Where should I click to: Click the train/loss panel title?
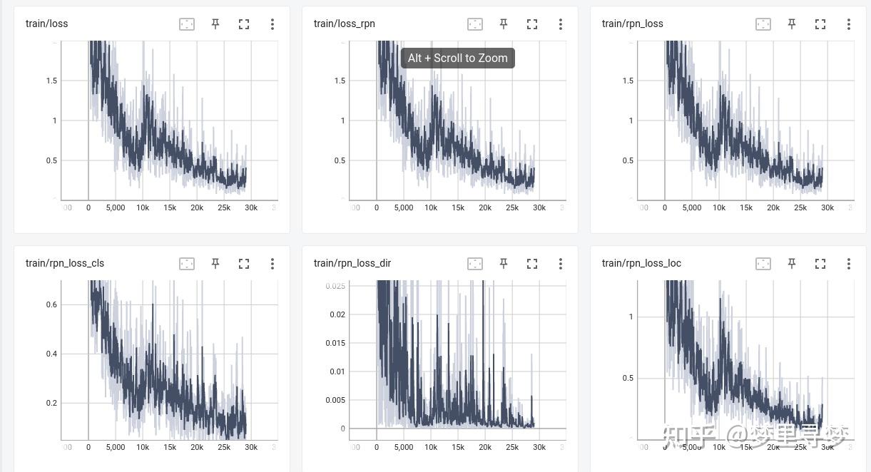tap(46, 24)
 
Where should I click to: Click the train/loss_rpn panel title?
tap(344, 24)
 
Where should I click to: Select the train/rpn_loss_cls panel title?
tap(65, 263)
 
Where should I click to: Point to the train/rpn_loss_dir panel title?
tap(352, 263)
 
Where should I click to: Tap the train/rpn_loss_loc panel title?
tap(641, 263)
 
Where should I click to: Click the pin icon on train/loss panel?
tap(215, 24)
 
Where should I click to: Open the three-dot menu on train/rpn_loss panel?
tap(849, 24)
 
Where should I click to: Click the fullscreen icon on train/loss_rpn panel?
tap(532, 24)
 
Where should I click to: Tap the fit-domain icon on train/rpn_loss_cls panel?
tap(187, 264)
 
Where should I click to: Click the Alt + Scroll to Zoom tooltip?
tap(457, 58)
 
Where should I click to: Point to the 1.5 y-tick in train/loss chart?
tap(51, 81)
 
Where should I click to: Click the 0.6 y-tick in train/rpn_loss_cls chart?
tap(51, 304)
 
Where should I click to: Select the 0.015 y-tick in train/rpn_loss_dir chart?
tap(335, 343)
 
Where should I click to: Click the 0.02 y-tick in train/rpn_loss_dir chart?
tap(337, 314)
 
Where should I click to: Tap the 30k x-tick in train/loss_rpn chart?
tap(539, 207)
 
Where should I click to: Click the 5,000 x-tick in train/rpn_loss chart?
tap(692, 207)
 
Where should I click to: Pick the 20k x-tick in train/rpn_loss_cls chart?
tap(197, 447)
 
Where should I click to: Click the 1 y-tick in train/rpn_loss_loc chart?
tap(631, 317)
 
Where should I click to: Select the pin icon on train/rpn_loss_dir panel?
tap(504, 264)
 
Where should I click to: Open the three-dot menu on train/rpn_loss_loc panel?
tap(849, 264)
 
